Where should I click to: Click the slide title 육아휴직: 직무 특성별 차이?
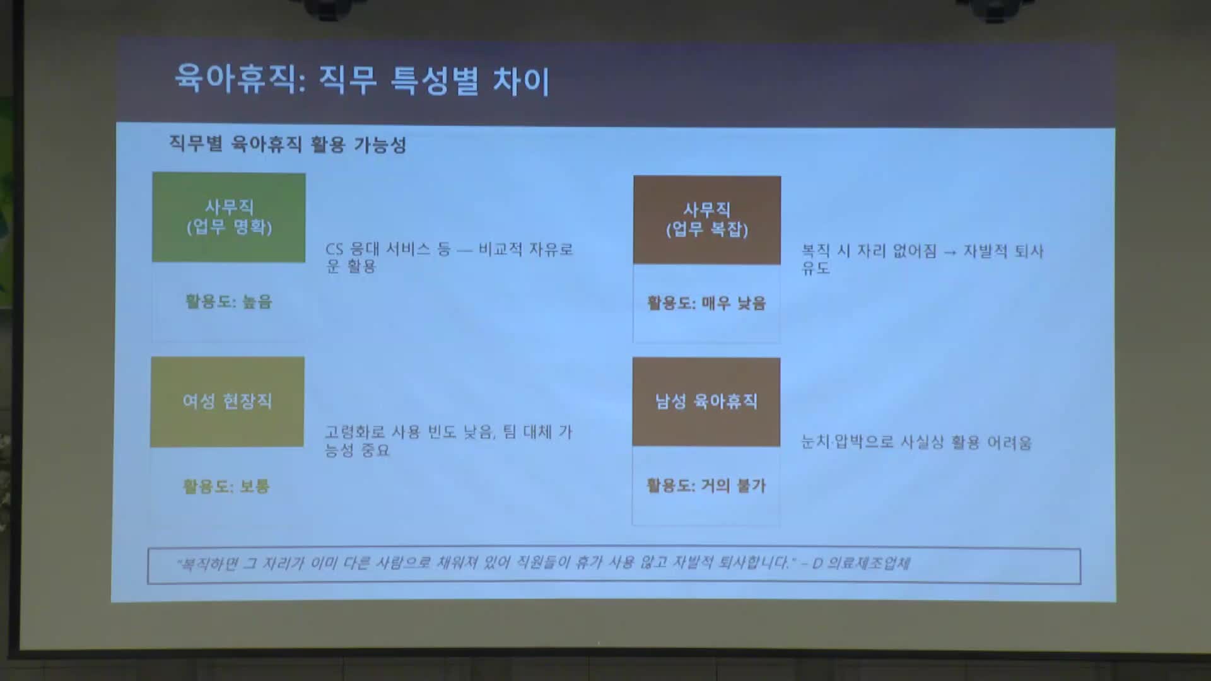[x=362, y=80]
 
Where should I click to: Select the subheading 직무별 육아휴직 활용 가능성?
[x=288, y=144]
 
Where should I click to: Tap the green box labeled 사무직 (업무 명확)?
[x=229, y=218]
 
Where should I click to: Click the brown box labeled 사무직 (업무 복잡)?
[x=707, y=219]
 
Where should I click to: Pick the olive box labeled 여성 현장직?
[x=227, y=402]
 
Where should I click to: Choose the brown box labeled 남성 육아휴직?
[x=706, y=402]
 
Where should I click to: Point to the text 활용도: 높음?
[x=229, y=301]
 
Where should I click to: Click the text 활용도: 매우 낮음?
[x=706, y=303]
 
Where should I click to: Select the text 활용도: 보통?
[x=226, y=486]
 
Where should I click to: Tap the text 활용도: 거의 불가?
[x=706, y=486]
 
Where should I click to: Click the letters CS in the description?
[x=334, y=250]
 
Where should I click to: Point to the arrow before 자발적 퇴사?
[x=950, y=252]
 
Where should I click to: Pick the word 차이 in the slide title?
[x=521, y=81]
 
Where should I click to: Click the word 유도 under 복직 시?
[x=816, y=268]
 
